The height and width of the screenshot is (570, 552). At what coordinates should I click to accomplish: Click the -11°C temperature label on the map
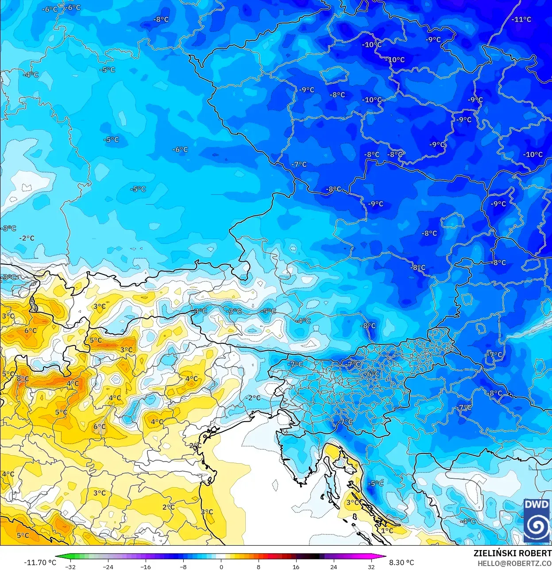[x=521, y=19]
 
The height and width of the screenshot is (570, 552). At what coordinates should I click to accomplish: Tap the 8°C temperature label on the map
[x=23, y=379]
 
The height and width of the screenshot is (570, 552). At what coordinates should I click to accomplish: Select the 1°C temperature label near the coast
[x=387, y=530]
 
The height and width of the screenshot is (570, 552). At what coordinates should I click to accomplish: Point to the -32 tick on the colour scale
[x=70, y=566]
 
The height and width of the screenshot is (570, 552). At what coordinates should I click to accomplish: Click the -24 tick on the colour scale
[x=108, y=566]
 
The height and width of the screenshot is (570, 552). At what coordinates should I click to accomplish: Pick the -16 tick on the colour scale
[x=146, y=566]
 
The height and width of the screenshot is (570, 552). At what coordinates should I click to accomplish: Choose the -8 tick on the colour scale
[x=183, y=566]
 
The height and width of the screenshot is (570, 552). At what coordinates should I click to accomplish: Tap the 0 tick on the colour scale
[x=221, y=566]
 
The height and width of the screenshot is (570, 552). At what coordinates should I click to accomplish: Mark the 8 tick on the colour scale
[x=259, y=566]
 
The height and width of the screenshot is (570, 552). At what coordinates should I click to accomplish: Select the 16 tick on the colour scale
[x=296, y=566]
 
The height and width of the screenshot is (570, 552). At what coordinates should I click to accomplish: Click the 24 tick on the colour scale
[x=333, y=566]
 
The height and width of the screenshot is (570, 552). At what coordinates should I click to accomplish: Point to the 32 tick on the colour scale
[x=371, y=566]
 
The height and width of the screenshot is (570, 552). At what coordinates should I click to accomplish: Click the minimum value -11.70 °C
[x=40, y=562]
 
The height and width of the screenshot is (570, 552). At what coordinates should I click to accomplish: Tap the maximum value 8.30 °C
[x=401, y=562]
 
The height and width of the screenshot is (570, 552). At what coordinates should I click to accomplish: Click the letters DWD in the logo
[x=537, y=504]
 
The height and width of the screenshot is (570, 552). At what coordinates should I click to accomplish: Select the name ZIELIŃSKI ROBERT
[x=512, y=553]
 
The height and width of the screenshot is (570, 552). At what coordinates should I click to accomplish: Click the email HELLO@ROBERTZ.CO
[x=514, y=563]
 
